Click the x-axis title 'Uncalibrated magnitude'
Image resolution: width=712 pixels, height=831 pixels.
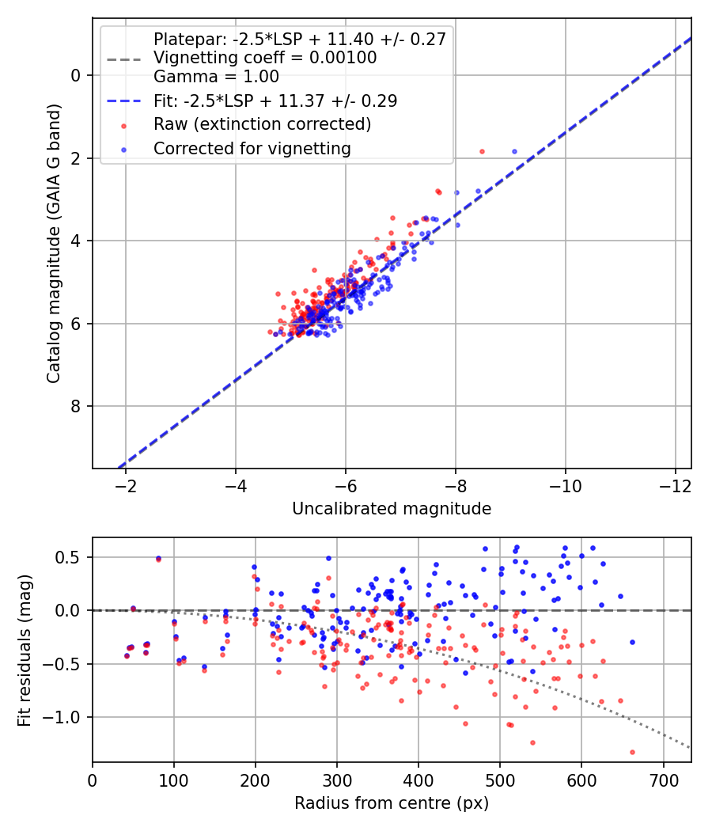392,509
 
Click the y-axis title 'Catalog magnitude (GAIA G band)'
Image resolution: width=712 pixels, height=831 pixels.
53,243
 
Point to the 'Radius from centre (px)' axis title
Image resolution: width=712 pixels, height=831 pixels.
392,803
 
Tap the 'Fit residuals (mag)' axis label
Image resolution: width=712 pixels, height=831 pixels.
25,651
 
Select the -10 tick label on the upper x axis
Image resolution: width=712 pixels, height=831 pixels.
566,486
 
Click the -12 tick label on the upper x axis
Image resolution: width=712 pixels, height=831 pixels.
676,486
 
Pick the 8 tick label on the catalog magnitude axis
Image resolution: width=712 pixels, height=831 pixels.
76,407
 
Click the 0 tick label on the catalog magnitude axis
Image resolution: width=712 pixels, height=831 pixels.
76,76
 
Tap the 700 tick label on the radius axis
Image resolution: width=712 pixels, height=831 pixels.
663,780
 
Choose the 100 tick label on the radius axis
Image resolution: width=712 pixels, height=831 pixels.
174,780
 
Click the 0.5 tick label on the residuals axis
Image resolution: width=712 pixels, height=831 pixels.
69,557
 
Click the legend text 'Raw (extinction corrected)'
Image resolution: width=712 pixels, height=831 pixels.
262,124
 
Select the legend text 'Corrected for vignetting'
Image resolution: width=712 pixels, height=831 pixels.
252,149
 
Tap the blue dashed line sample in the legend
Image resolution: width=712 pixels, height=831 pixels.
124,101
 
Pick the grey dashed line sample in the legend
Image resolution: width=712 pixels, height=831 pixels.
124,59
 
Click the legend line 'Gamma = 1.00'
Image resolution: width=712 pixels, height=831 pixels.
216,76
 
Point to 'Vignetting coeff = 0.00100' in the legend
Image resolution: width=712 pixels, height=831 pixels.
265,58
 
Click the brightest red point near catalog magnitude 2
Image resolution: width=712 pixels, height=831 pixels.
482,152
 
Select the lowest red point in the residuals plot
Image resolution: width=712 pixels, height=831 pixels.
632,752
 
